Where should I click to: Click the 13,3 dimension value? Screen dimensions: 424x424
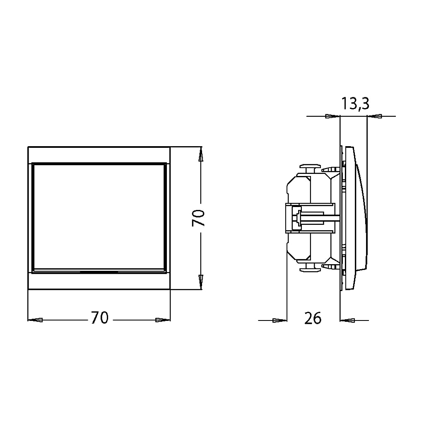pyautogui.click(x=355, y=103)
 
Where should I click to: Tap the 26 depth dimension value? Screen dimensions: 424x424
pyautogui.click(x=313, y=318)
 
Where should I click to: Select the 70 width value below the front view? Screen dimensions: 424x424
pyautogui.click(x=99, y=318)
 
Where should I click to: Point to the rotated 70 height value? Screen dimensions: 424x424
pyautogui.click(x=198, y=218)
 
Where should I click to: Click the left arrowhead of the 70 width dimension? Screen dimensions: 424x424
pyautogui.click(x=35, y=320)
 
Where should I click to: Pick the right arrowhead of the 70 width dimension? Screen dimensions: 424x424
pyautogui.click(x=163, y=320)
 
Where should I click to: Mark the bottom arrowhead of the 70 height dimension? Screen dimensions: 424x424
pyautogui.click(x=200, y=282)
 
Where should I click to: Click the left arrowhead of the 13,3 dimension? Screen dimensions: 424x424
pyautogui.click(x=332, y=116)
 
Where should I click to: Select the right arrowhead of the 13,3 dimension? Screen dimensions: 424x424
pyautogui.click(x=374, y=116)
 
